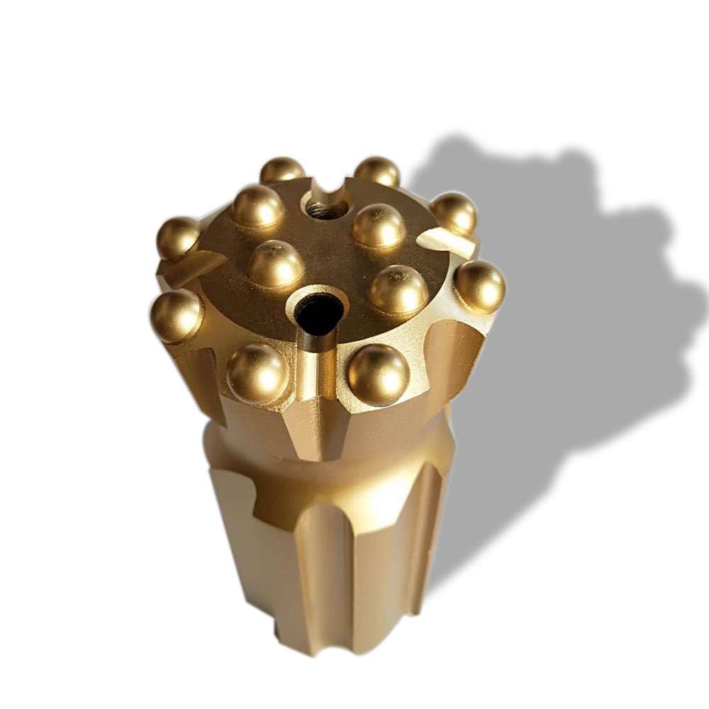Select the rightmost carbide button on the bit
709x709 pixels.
coord(480,286)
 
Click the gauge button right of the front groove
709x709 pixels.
coord(378,374)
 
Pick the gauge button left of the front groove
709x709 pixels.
coord(257,372)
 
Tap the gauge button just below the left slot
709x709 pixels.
coord(176,315)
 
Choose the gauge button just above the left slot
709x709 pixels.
coord(178,237)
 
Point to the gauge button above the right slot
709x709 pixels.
coord(454,212)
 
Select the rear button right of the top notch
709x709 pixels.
coord(377,172)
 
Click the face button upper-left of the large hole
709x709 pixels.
coord(275,262)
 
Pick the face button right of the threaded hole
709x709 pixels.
coord(379,225)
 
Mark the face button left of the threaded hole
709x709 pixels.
coord(258,206)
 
